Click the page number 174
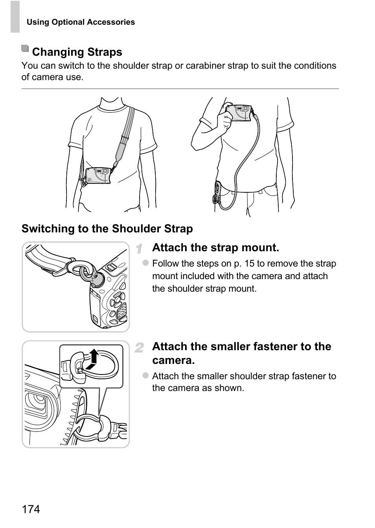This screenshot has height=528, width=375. click(x=31, y=509)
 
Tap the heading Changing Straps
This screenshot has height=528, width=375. click(x=77, y=52)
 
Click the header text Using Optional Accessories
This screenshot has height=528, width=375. click(x=81, y=22)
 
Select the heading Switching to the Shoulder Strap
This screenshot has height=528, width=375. click(x=107, y=228)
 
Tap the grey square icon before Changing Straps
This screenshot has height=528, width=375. click(x=25, y=49)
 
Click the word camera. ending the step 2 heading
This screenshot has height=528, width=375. click(x=173, y=360)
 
